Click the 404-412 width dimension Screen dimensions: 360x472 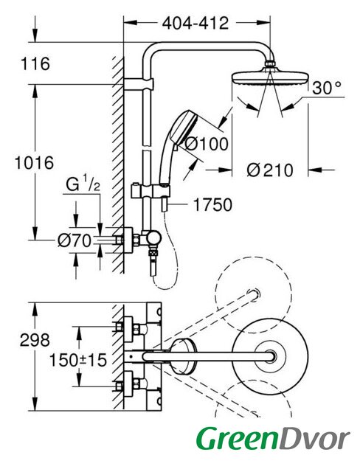(x=195, y=23)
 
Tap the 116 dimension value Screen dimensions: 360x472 (x=35, y=64)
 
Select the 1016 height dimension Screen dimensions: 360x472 (x=35, y=162)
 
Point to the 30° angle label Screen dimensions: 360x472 (x=327, y=88)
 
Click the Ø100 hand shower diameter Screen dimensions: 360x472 (x=207, y=144)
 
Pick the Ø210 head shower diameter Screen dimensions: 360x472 (x=270, y=170)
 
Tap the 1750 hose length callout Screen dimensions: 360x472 (x=212, y=205)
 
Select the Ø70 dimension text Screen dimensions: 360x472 (x=75, y=241)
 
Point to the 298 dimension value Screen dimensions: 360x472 (x=35, y=340)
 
